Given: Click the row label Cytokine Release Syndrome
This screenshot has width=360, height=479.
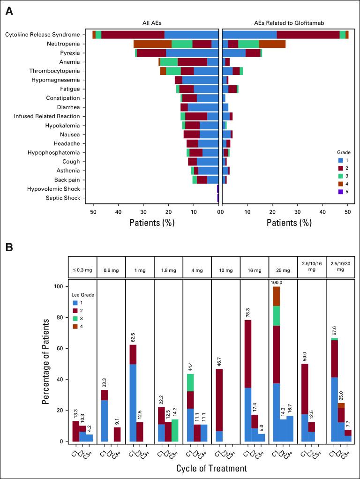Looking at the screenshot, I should click(x=45, y=35).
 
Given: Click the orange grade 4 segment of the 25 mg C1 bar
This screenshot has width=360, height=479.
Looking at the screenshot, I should click(x=276, y=296).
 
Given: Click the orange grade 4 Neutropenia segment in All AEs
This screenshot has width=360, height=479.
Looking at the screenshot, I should click(x=152, y=44).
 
